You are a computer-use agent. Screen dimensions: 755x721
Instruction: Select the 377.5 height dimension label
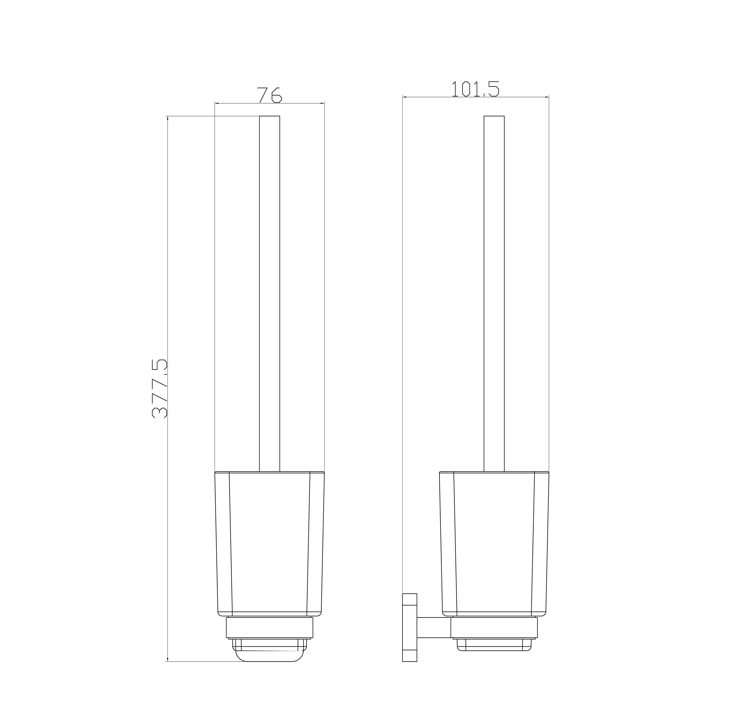pos(160,389)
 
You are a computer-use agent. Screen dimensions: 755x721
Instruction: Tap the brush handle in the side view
pos(494,294)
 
